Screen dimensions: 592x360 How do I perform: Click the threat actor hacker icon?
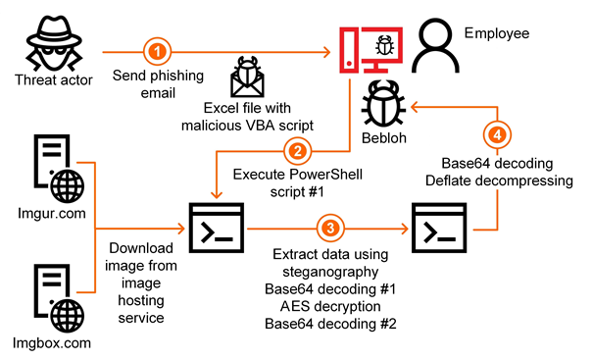pos(54,43)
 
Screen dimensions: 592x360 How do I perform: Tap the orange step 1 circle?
pos(157,51)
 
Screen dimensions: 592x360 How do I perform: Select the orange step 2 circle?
pos(298,151)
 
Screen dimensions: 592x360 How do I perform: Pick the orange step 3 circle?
pos(330,229)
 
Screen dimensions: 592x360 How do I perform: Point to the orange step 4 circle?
pos(497,134)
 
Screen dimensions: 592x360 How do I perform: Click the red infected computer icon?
pos(370,50)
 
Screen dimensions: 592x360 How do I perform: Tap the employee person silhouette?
pos(435,46)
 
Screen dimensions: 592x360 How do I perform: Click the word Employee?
pos(497,33)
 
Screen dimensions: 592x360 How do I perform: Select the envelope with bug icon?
pos(247,77)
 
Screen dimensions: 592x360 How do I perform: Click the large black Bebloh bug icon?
pos(383,103)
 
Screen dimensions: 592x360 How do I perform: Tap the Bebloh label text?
pos(384,138)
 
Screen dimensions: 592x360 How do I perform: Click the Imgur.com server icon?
pos(59,169)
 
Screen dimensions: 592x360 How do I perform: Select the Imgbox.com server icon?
pos(59,298)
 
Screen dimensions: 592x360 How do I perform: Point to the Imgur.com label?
pos(52,214)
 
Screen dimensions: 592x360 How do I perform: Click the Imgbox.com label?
pos(52,343)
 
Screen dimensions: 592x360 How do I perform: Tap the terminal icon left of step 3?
pos(217,228)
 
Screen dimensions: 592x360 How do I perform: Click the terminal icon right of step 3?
pos(439,228)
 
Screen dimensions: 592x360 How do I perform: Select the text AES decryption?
pos(330,306)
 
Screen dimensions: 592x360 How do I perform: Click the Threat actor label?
pos(54,80)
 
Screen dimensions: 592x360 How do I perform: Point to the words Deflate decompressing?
pos(499,180)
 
